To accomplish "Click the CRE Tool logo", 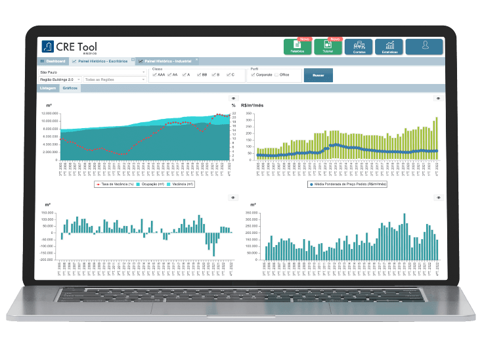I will (68, 47).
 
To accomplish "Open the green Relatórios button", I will (297, 47).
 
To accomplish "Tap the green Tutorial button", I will (328, 47).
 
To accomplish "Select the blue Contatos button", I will (359, 47).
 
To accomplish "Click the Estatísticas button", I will (389, 47).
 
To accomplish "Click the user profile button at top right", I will (424, 46).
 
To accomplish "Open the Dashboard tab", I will (53, 61).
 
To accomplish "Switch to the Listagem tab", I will (48, 87).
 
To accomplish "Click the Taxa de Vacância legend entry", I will (116, 185).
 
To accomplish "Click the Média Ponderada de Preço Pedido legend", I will (347, 185).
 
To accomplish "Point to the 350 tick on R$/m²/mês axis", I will (250, 114).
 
